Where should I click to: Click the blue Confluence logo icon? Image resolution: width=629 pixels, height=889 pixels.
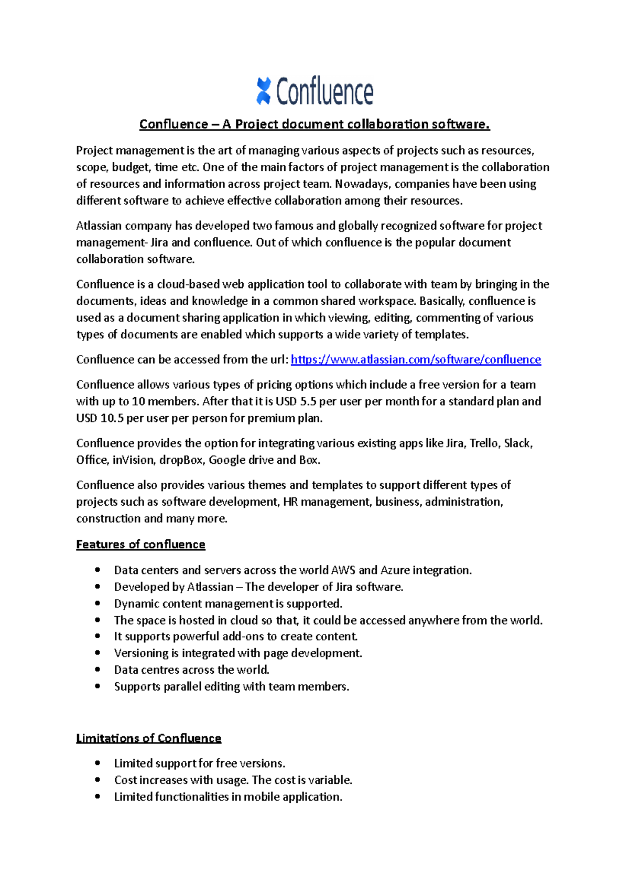[x=263, y=91]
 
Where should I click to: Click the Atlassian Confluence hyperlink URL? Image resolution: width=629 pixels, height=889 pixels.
[x=416, y=360]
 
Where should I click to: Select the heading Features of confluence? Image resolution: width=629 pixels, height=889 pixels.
[x=140, y=544]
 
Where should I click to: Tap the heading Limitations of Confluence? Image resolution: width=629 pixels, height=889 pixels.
[x=148, y=738]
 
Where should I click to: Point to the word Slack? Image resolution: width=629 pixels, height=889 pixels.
[x=518, y=443]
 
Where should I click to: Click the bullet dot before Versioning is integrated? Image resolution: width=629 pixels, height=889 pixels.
[x=97, y=653]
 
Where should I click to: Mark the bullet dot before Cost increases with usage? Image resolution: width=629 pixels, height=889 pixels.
[x=97, y=780]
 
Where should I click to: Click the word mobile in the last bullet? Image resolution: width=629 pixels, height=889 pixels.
[x=262, y=797]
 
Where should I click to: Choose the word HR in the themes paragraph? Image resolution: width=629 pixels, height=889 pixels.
[x=290, y=502]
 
